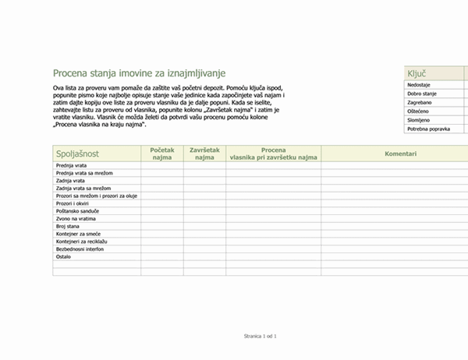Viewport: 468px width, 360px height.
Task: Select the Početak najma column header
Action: click(162, 154)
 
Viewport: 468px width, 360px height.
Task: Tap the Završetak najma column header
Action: click(204, 154)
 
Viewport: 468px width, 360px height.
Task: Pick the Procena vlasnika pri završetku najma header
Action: click(273, 154)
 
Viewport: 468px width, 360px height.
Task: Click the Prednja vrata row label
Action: click(72, 166)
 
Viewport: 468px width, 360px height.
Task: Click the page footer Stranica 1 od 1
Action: click(261, 335)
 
